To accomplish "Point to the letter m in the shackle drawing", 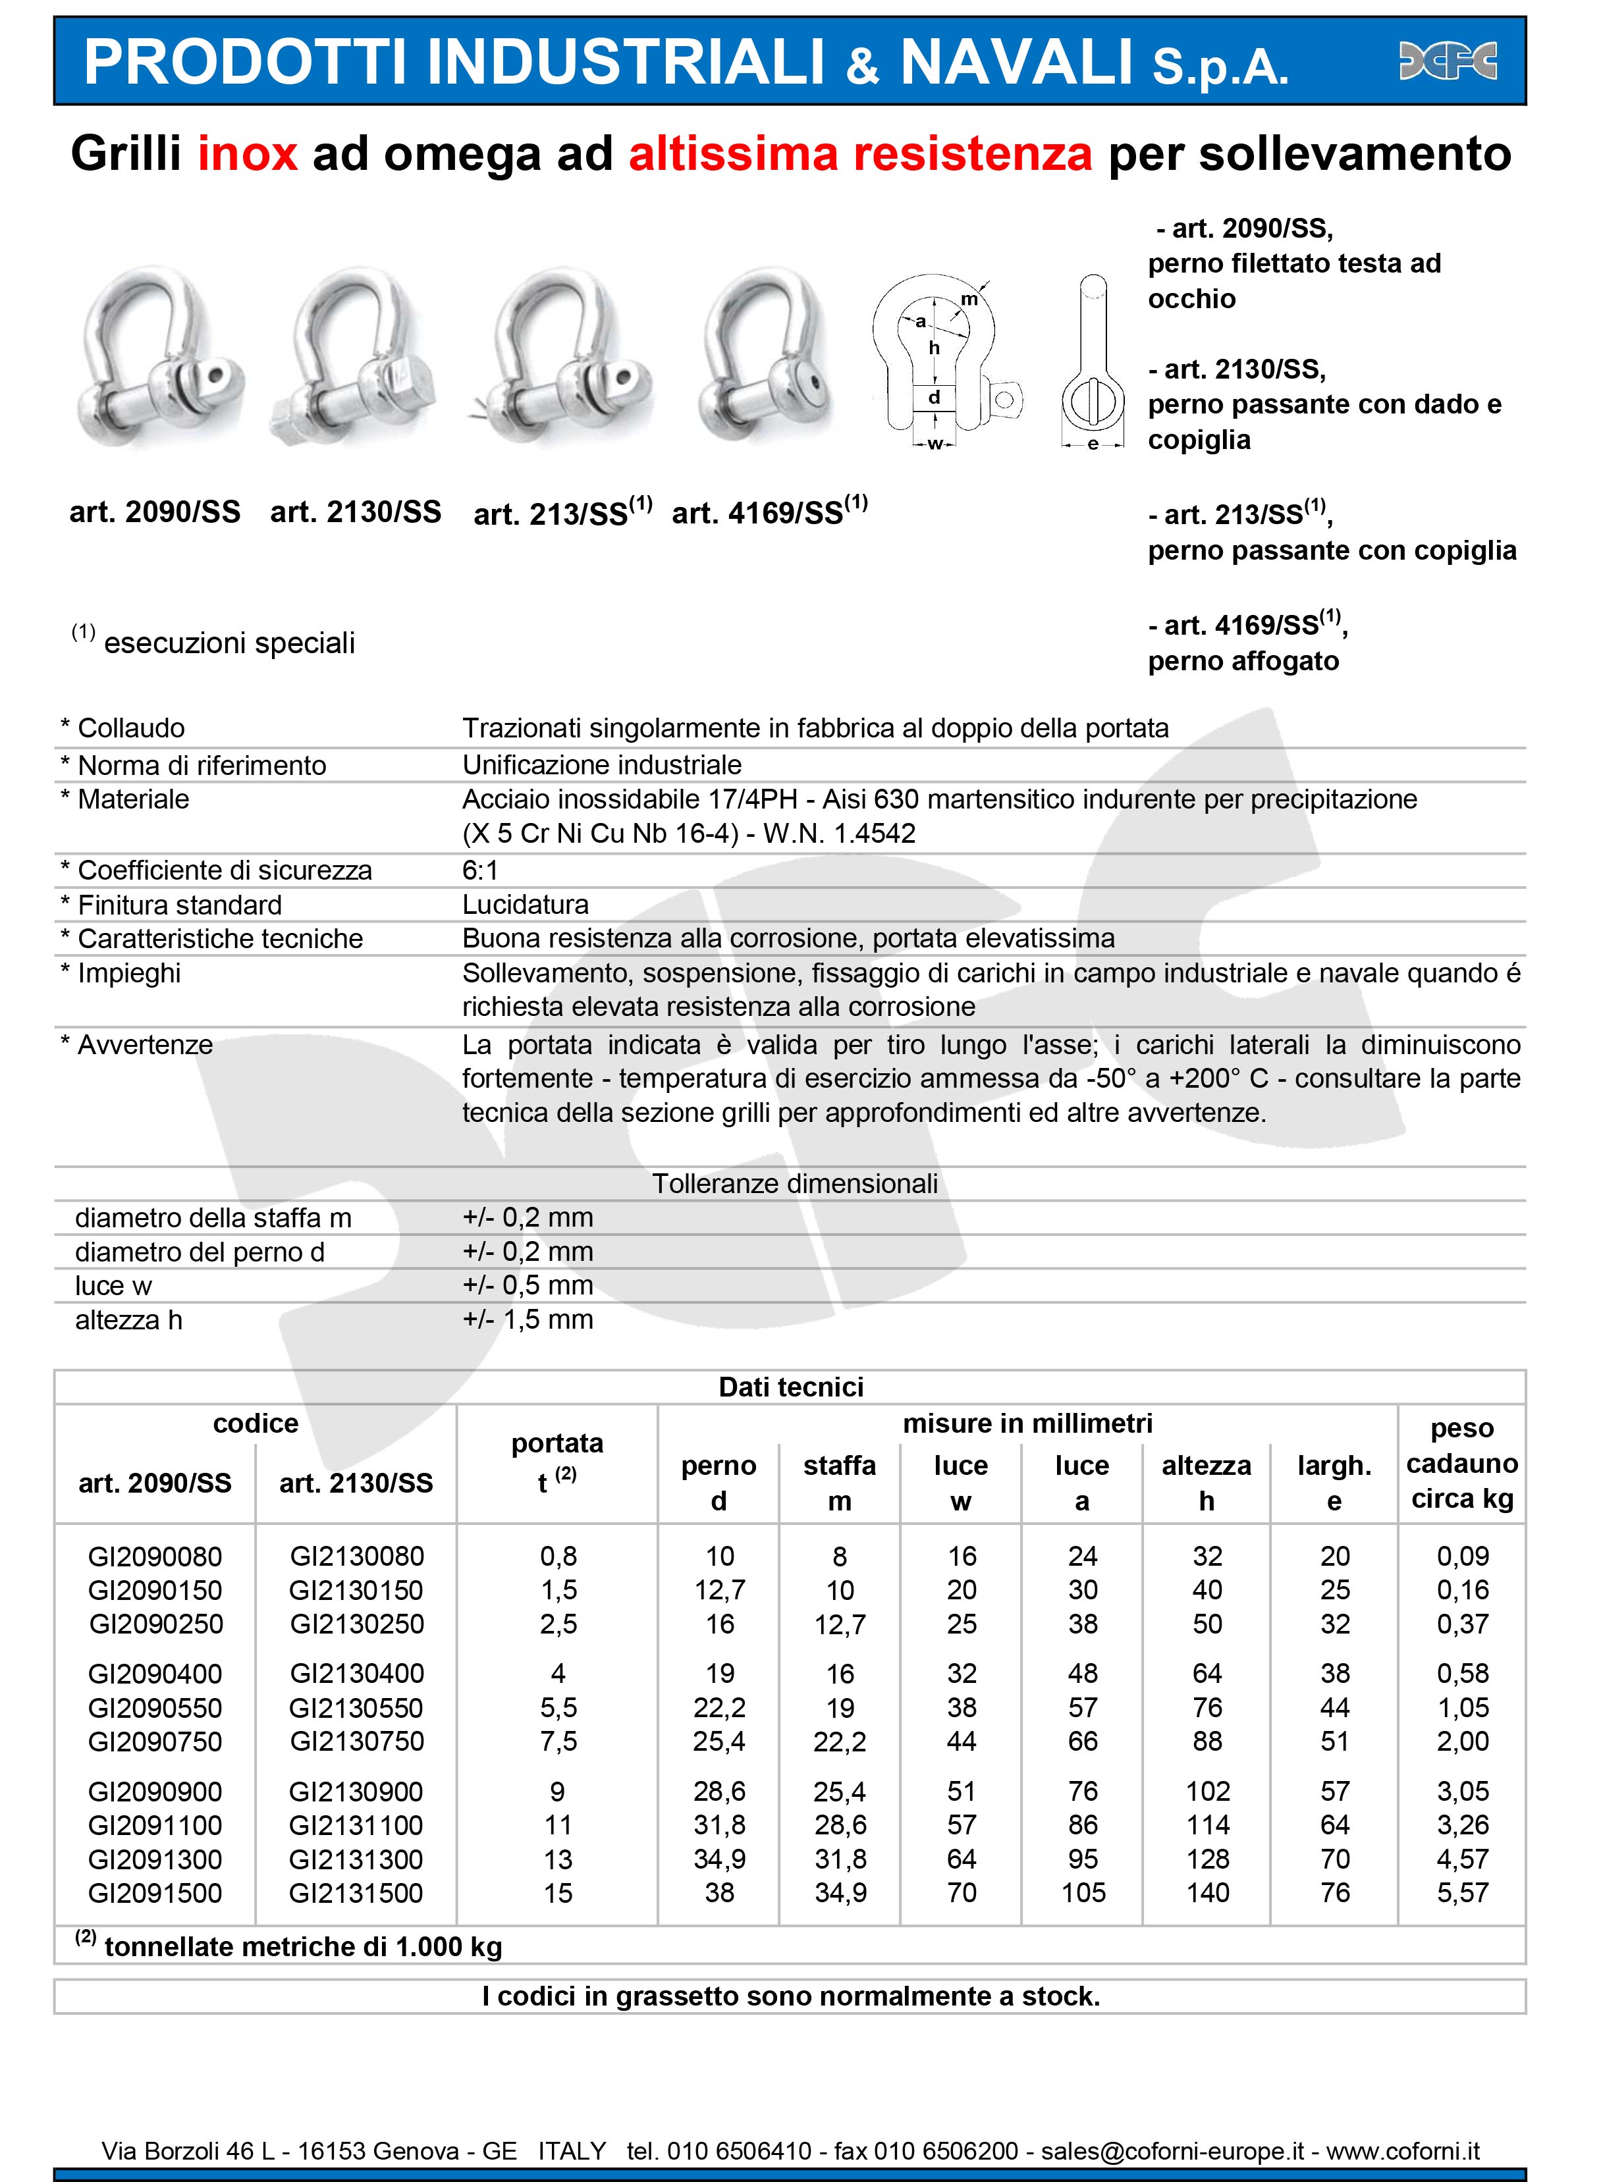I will pos(969,300).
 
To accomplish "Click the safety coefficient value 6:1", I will pos(479,869).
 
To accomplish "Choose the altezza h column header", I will pos(1207,1483).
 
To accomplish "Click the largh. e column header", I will pos(1334,1483).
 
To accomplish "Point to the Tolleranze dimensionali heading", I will pos(795,1183).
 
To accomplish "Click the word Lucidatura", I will pos(526,904).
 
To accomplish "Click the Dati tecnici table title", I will pos(791,1387).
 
